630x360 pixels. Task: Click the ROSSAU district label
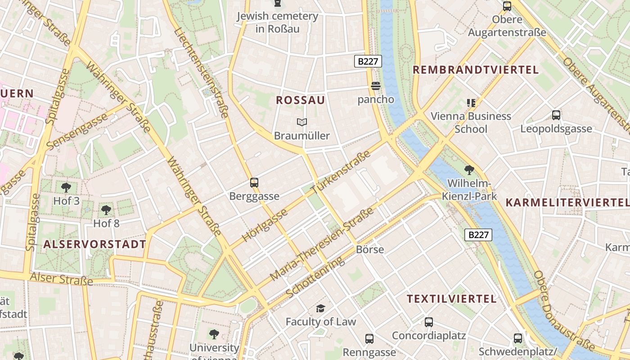(300, 100)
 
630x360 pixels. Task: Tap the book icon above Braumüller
(301, 122)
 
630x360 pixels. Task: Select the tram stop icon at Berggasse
(254, 183)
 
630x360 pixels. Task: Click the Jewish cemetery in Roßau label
(278, 22)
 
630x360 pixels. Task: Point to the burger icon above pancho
(376, 86)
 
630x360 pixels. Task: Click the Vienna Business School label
(471, 122)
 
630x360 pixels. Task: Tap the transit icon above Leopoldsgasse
(556, 115)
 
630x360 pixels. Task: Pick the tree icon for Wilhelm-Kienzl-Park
(469, 170)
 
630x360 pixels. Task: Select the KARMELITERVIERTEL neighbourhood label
(567, 202)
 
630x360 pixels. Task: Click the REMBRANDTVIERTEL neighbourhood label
(476, 70)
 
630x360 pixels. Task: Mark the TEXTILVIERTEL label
(452, 299)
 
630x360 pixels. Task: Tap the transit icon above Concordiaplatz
(428, 322)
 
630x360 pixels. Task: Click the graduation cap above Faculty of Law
(320, 308)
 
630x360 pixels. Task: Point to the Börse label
(370, 249)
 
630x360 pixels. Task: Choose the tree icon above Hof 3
(66, 187)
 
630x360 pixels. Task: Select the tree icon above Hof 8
(106, 210)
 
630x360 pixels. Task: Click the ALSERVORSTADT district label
(95, 244)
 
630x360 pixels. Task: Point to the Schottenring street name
(315, 277)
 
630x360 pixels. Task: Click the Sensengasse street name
(77, 131)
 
